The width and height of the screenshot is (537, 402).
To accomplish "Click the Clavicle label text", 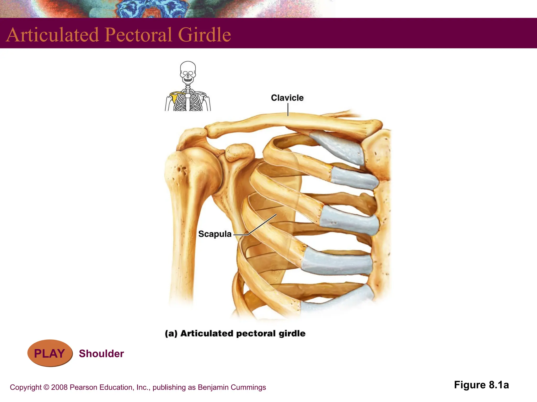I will [x=287, y=98].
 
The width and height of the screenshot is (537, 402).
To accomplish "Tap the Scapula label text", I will [x=215, y=234].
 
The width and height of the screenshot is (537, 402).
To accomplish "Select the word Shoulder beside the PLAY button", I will [x=101, y=354].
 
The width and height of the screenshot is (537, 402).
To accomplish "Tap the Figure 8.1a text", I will [x=481, y=385].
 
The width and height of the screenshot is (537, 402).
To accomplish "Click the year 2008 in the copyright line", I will [x=59, y=387].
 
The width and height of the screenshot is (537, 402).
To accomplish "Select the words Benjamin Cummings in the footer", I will [x=232, y=387].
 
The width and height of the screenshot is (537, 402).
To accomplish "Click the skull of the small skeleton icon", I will [x=188, y=72].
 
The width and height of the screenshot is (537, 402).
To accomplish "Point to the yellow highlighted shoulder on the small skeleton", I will [x=174, y=97].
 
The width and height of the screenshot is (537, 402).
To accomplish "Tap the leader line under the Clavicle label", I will [x=288, y=109].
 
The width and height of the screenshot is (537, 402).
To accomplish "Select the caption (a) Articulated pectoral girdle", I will [x=235, y=333].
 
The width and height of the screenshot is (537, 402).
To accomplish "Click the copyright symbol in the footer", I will [x=46, y=387].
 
